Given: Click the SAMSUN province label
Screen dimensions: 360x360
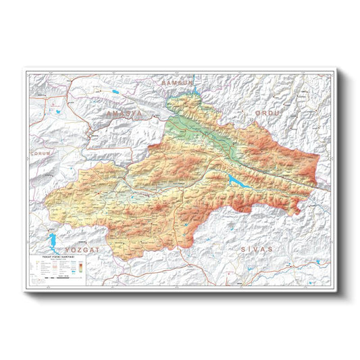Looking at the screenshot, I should click(x=176, y=81).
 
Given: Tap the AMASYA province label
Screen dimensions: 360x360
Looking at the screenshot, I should click(x=124, y=114).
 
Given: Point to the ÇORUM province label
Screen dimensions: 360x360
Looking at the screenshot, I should click(x=42, y=153).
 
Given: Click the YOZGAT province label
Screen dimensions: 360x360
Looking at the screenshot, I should click(x=80, y=250).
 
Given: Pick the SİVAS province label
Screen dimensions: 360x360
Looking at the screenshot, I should click(x=256, y=250).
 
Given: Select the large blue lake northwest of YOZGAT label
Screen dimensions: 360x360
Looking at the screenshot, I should click(x=49, y=242).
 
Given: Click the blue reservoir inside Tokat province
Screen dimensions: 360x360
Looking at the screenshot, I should click(x=237, y=181).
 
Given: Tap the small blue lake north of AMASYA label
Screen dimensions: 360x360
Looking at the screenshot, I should click(x=117, y=91).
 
